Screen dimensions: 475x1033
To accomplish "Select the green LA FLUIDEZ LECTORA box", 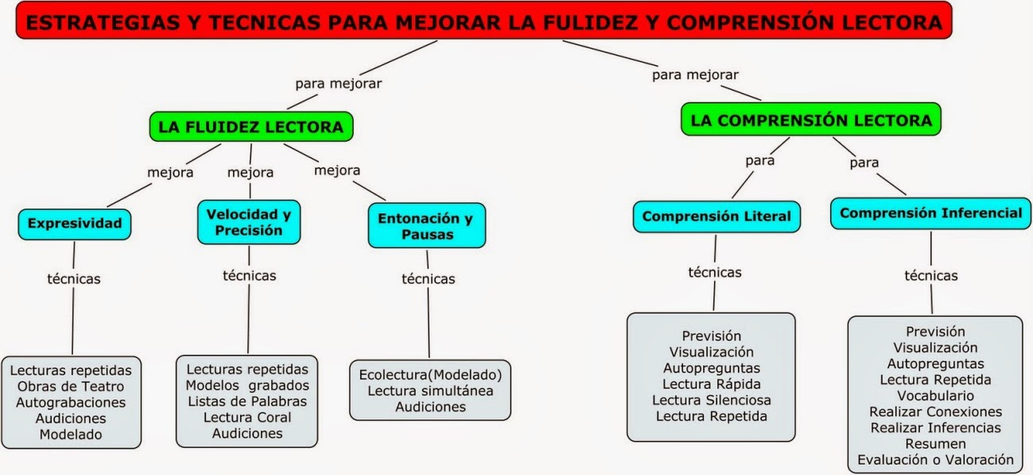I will tap(250, 127).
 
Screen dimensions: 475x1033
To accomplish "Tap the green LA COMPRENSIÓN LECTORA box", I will tap(811, 120).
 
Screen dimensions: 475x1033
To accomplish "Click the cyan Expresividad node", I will tap(75, 224).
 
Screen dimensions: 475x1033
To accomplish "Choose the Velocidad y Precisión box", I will tap(249, 222).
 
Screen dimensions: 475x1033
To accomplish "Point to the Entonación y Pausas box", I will tap(426, 225).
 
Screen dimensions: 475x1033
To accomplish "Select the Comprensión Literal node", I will tap(716, 216).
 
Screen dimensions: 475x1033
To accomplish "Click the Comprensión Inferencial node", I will tap(930, 213).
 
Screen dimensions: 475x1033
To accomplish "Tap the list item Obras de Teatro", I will tap(71, 387).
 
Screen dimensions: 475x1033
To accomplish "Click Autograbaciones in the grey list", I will tap(71, 403).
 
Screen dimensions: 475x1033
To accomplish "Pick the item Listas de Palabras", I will tap(247, 401).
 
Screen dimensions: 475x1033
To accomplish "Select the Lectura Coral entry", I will tap(247, 417).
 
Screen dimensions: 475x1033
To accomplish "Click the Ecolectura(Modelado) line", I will tap(430, 375).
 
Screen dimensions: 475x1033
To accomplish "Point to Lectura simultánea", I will tap(430, 391).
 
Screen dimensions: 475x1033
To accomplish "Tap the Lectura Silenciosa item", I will tap(712, 400).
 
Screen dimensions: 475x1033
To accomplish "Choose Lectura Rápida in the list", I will tap(712, 384).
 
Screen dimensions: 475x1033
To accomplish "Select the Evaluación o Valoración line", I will tap(935, 460).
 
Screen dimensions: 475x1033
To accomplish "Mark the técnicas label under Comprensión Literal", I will tap(714, 273).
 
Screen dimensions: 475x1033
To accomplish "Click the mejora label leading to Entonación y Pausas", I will tap(337, 170).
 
